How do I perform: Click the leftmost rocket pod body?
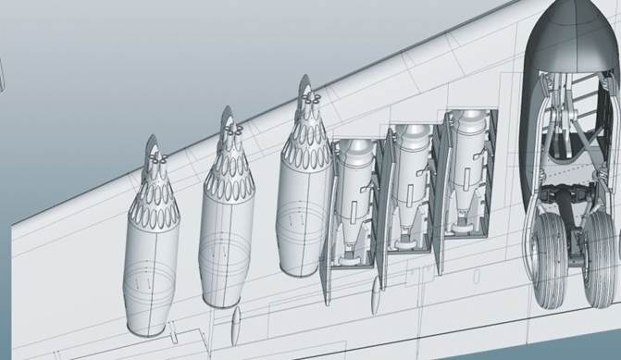152,268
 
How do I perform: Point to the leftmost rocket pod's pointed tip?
154,141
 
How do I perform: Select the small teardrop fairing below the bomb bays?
374,299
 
